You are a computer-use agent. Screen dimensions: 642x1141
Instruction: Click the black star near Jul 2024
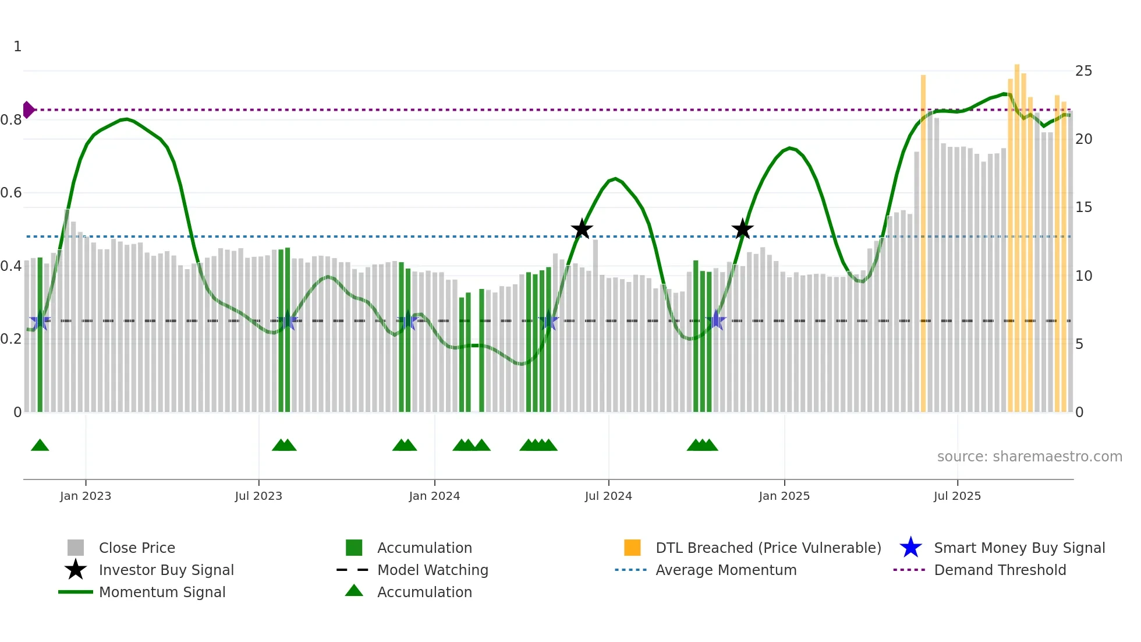coord(582,229)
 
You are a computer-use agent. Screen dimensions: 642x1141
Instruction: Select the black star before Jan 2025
coord(742,229)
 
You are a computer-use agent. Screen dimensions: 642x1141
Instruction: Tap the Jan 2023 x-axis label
coord(86,496)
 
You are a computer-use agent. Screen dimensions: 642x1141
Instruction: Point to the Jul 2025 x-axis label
coord(957,496)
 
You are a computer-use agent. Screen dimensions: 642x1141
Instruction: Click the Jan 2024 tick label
coord(434,496)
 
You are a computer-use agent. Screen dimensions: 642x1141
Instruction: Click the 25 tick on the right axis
coord(1083,71)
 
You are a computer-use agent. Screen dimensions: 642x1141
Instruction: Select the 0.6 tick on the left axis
coord(12,193)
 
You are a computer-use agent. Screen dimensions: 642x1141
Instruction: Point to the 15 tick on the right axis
coord(1083,207)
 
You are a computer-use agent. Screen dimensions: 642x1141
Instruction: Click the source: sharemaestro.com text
coord(1029,457)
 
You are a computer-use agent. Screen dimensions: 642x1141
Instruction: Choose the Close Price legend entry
coord(137,548)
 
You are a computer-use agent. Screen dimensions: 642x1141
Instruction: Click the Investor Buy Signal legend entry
coord(166,570)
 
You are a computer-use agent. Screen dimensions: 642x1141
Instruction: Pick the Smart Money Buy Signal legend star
coord(910,548)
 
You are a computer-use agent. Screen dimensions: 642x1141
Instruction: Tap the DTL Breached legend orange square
coord(632,548)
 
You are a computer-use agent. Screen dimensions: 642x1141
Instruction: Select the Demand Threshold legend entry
coord(1000,570)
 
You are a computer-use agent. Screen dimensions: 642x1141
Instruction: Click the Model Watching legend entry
coord(433,570)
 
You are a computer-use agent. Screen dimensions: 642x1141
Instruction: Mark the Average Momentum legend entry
coord(725,570)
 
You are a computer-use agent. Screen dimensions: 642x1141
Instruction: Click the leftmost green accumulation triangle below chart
coord(40,446)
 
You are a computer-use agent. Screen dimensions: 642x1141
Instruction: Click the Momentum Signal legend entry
coord(162,592)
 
